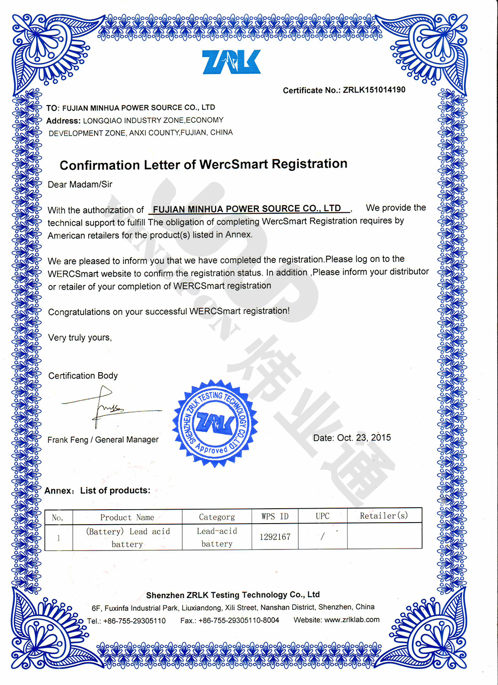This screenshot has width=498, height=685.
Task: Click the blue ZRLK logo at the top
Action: coord(232,62)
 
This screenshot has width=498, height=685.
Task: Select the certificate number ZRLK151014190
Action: coord(374,90)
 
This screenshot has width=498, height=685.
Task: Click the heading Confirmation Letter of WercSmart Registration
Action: coord(203,164)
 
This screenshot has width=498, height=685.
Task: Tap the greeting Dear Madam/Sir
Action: coord(80,184)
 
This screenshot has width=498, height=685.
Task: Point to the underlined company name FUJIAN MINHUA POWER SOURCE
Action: coord(247,209)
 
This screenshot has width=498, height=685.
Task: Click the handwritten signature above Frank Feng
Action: coord(107,409)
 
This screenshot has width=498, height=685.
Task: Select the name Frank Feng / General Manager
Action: coord(103,439)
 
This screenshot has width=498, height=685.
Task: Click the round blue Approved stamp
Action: coord(216,424)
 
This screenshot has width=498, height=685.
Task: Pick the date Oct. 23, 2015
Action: coord(364,438)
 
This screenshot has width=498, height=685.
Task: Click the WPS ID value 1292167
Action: coord(275,537)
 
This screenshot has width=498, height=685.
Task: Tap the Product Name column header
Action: coord(127,517)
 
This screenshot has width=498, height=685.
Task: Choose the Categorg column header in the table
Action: coord(217,517)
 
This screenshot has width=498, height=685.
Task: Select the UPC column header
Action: coord(323,516)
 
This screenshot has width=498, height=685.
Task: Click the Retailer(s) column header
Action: coord(384,516)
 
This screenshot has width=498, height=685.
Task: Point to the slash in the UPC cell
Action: coord(322,537)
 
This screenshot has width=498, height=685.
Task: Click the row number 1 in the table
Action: coord(58,538)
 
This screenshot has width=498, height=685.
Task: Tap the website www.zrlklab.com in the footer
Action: coord(352,620)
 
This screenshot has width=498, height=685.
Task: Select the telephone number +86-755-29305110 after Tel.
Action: coord(134,621)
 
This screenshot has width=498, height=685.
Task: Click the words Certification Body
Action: coord(83,376)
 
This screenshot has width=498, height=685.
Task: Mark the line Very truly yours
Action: coord(80,337)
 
